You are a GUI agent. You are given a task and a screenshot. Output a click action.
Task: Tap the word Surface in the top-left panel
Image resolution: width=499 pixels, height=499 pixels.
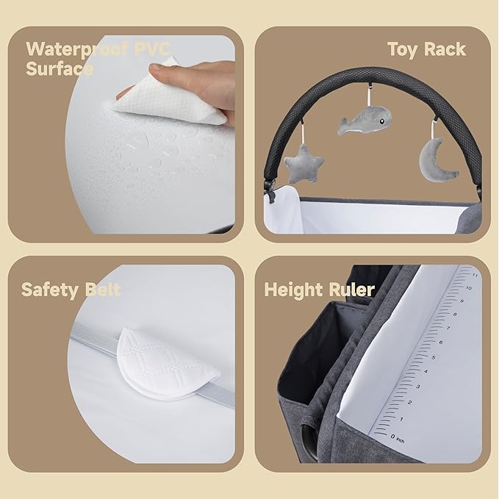pos(60,70)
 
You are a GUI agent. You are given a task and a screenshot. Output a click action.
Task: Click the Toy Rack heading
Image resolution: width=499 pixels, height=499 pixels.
pos(426,49)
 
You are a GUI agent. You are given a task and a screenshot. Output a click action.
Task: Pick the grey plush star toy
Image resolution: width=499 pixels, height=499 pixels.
pos(303,162)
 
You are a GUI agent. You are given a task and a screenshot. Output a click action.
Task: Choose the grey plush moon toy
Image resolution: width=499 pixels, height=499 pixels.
pos(439,157)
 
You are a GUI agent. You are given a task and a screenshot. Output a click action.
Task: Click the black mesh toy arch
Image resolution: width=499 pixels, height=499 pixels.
pos(294,118)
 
